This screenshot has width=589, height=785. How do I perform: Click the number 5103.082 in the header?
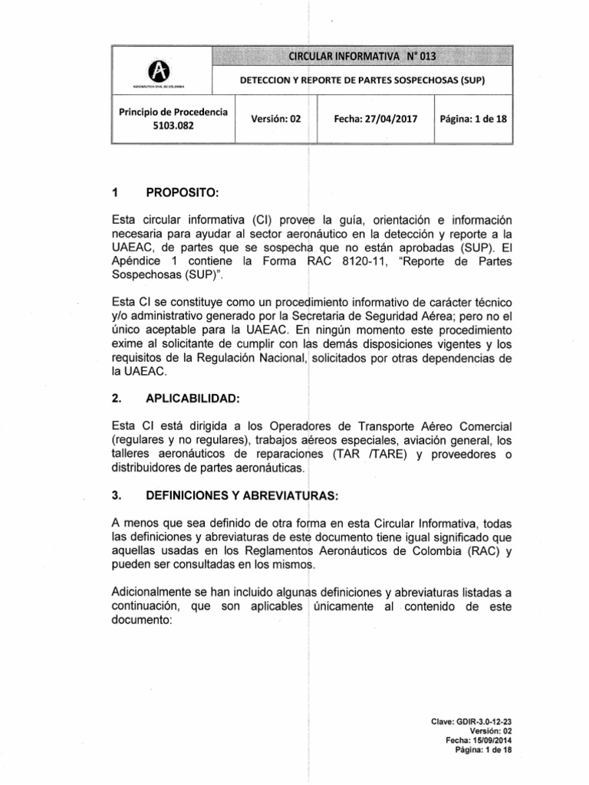[x=173, y=128]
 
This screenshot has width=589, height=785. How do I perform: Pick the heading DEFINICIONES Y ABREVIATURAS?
[x=234, y=496]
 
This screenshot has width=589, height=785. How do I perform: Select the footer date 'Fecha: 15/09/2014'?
[x=478, y=741]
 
